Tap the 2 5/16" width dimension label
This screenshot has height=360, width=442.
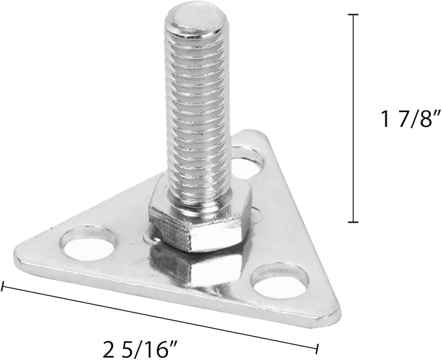(140, 349)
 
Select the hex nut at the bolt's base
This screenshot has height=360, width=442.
(200, 219)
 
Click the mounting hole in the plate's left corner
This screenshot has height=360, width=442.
(88, 243)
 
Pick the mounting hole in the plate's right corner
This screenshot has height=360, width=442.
(280, 281)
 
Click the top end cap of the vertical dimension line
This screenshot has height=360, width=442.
(353, 14)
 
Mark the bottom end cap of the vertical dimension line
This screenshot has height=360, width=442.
(353, 222)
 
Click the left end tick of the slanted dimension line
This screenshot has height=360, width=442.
(3, 286)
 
